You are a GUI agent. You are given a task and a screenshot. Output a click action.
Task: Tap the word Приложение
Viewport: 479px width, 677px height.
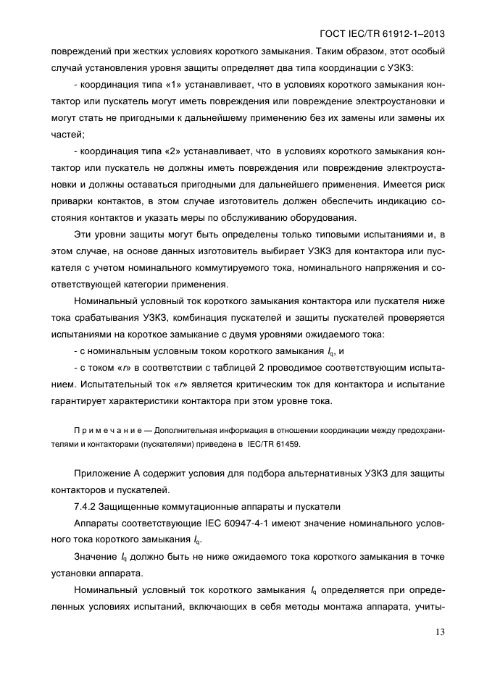[101, 473]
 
